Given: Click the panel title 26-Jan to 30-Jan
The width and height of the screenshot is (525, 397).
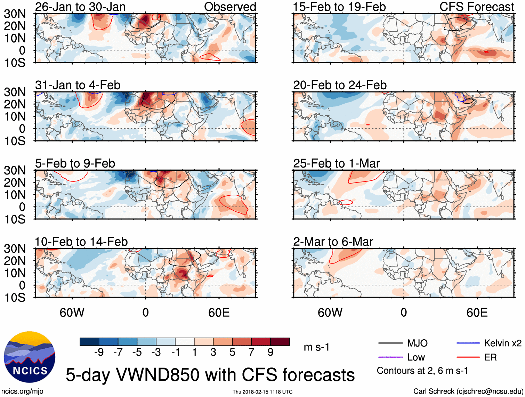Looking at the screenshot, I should click(x=80, y=7).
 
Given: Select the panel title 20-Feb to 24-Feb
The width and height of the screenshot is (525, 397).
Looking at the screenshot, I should click(x=340, y=85).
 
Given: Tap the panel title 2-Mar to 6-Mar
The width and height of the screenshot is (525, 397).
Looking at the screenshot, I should click(x=333, y=241).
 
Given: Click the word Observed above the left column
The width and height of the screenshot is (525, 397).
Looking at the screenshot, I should click(x=230, y=7).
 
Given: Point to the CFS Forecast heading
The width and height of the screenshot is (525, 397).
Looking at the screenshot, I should click(x=476, y=7).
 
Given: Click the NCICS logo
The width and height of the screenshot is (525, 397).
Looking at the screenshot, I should click(x=30, y=357).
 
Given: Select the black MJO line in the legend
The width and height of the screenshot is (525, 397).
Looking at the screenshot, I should click(x=390, y=343).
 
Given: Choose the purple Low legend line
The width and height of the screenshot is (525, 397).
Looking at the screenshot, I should click(x=390, y=357).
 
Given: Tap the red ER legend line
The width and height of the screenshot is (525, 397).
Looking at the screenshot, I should click(x=468, y=357).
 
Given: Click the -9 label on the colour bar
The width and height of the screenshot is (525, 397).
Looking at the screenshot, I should click(x=99, y=352).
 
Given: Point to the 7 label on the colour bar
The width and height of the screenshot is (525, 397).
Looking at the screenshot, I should click(x=251, y=352).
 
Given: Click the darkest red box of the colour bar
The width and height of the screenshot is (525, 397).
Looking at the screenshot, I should click(x=280, y=342).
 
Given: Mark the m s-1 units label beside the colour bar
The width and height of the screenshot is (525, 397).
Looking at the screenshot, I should click(x=316, y=347).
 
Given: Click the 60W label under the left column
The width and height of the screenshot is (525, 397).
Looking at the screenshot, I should click(x=72, y=313).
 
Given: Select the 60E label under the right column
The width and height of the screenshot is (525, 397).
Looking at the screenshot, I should click(x=477, y=313).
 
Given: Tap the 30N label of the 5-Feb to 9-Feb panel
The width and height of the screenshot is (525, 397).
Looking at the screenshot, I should click(x=15, y=170).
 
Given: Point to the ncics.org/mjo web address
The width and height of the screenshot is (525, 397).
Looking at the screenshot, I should click(x=22, y=391).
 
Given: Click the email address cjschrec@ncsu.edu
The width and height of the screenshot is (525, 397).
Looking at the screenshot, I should click(x=490, y=391).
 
